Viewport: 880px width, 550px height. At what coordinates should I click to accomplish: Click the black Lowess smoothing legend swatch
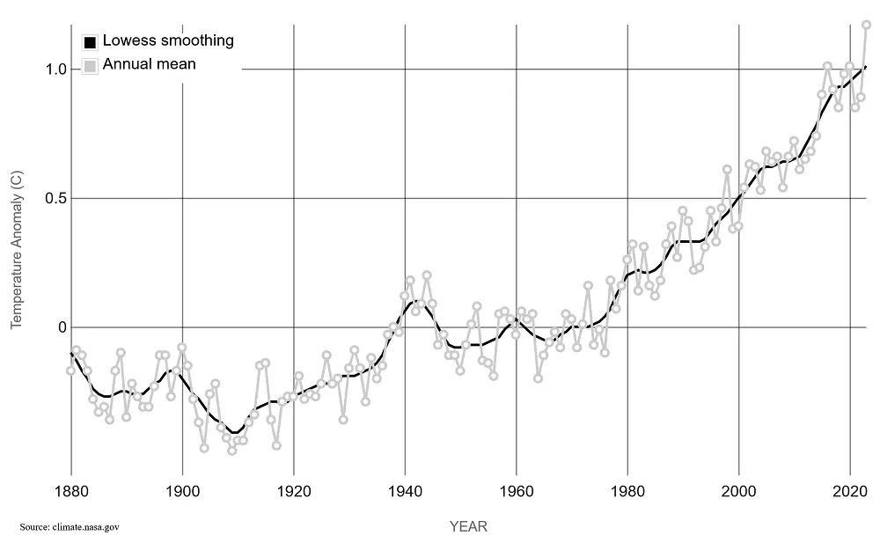pos(90,41)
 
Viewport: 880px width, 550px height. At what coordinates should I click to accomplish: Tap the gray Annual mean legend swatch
pos(90,65)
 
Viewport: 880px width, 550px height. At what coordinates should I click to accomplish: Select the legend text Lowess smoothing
pos(168,40)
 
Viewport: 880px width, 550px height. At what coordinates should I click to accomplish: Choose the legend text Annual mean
pos(150,64)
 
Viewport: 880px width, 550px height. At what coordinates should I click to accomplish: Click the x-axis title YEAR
pos(468,527)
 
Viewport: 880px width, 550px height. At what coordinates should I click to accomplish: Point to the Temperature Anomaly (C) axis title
pos(16,251)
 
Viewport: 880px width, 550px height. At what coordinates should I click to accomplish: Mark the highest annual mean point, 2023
pos(866,25)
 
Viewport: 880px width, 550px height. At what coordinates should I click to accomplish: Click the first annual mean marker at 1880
pos(71,370)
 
